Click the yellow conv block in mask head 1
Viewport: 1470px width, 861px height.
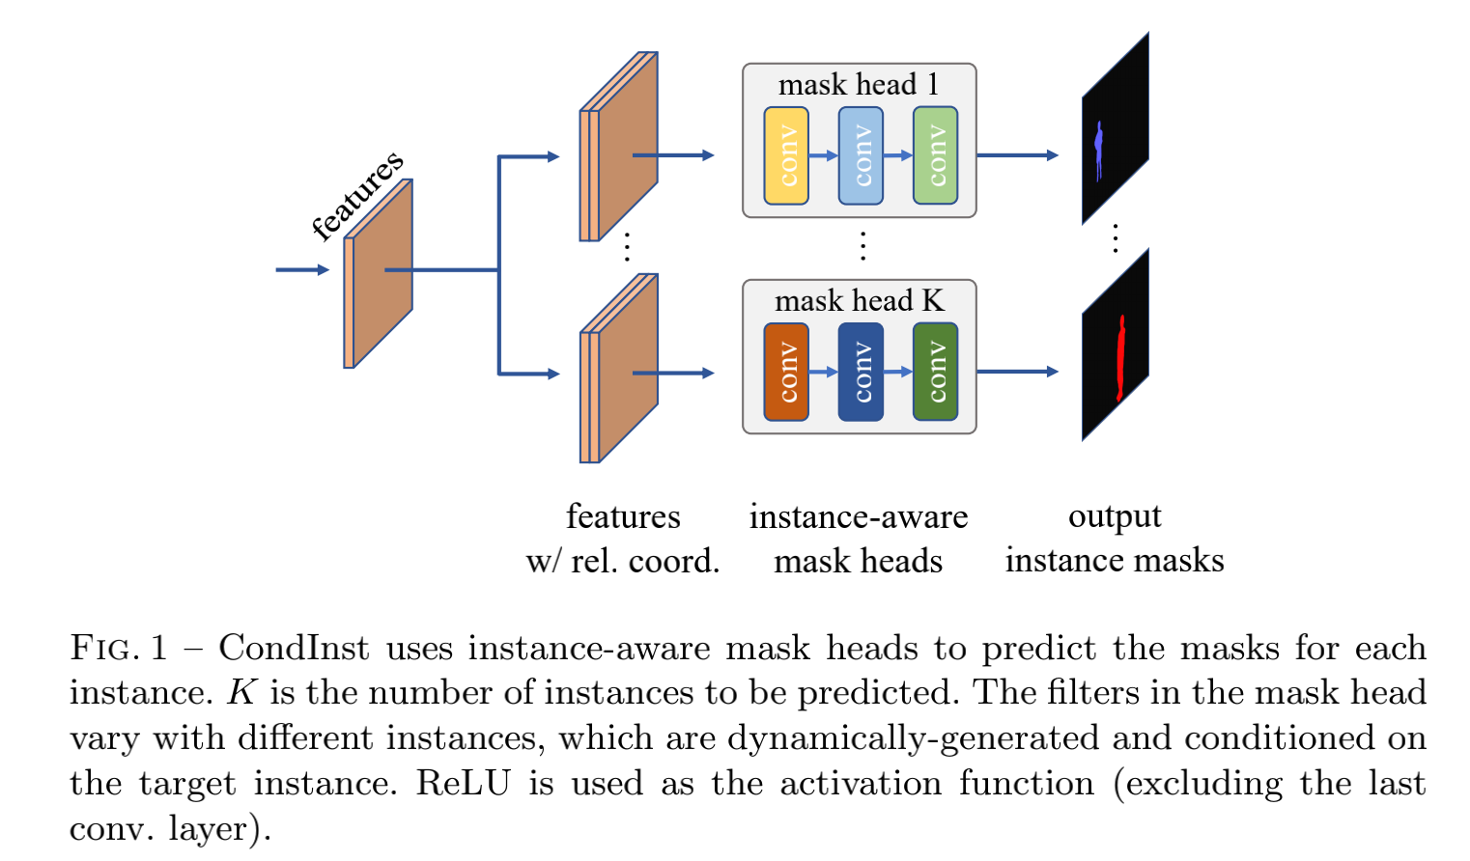(786, 155)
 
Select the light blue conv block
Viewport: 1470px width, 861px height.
(861, 155)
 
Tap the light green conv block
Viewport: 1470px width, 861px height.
(935, 155)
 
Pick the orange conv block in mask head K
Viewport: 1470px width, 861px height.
(786, 372)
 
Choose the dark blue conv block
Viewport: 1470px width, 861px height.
(861, 372)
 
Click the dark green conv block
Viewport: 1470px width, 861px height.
(935, 372)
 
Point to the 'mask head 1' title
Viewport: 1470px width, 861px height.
(858, 85)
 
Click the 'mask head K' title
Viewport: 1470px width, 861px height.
(859, 301)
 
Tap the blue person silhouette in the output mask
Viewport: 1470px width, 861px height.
(1099, 150)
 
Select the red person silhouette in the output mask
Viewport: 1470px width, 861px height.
(1120, 357)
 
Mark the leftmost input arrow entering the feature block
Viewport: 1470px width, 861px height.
(301, 270)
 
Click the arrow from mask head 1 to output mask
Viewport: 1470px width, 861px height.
(1017, 154)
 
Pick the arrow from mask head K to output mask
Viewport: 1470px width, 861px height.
(1017, 372)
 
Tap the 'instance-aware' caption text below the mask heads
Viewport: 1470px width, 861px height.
(858, 517)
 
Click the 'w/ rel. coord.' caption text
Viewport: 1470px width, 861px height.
(623, 561)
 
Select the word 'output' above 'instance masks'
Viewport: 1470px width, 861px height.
(1114, 517)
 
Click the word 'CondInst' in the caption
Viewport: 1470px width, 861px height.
(294, 648)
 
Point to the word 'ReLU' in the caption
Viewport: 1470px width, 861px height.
(463, 783)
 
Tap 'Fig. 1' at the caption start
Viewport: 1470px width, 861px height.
(118, 648)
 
